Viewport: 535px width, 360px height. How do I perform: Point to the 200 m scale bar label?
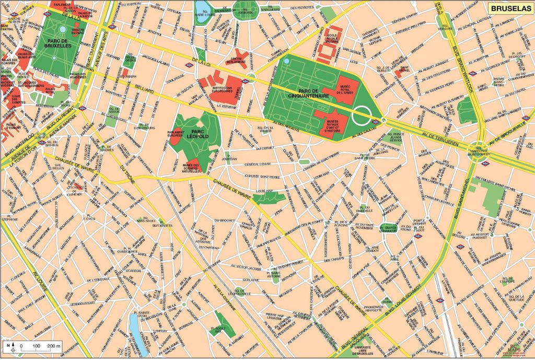[x=54, y=346]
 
